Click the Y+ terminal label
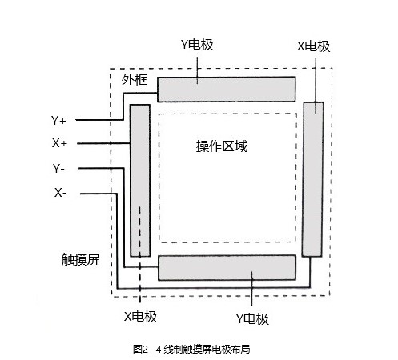[58, 121]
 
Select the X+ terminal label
[59, 143]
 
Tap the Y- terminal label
[58, 168]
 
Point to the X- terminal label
[61, 193]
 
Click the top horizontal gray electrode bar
[227, 90]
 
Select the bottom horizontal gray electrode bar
[227, 268]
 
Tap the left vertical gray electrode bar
[140, 181]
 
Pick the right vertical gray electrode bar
[312, 179]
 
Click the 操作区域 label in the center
[222, 146]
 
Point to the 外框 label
[135, 79]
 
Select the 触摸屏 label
[81, 259]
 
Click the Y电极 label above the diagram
[197, 45]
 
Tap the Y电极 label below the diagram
[252, 319]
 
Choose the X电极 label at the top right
[314, 46]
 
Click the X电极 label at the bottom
[141, 317]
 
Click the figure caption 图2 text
[140, 349]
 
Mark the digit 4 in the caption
[159, 349]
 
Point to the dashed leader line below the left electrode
[139, 254]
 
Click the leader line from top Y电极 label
[197, 70]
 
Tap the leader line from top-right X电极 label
[316, 86]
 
